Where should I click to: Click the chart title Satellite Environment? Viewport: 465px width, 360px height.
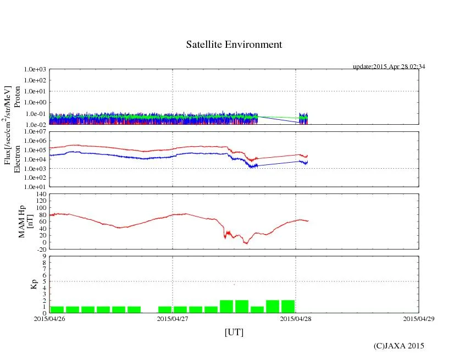(234, 45)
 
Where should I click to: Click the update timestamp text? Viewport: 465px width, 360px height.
(389, 67)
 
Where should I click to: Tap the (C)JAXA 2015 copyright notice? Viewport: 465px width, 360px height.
(398, 346)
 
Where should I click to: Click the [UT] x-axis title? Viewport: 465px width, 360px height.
(234, 332)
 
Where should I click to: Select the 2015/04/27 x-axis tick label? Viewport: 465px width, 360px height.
(173, 318)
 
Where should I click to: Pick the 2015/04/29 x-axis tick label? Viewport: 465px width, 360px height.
(419, 318)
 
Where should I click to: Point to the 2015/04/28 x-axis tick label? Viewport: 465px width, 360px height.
(296, 318)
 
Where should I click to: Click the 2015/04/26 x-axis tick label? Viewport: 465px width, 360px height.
(49, 318)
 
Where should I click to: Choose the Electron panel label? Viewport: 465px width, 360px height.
(17, 159)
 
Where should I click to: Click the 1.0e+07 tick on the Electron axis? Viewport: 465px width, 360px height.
(35, 132)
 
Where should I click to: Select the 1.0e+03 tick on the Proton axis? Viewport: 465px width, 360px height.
(35, 70)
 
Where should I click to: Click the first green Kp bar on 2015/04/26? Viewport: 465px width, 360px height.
(57, 309)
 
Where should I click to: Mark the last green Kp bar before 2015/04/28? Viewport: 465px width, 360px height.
(288, 306)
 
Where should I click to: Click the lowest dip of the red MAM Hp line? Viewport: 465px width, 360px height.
(246, 243)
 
